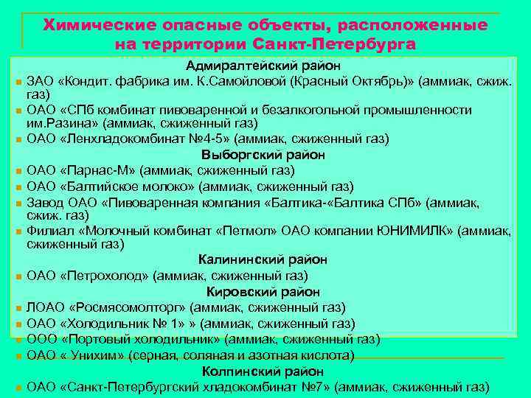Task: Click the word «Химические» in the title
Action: pos(93,25)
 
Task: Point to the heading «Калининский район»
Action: pos(263,259)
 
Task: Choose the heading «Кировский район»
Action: pos(263,292)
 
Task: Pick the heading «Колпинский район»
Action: pos(263,371)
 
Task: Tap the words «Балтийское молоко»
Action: pos(128,186)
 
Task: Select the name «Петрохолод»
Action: pos(107,276)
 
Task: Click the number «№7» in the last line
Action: pos(317,386)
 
